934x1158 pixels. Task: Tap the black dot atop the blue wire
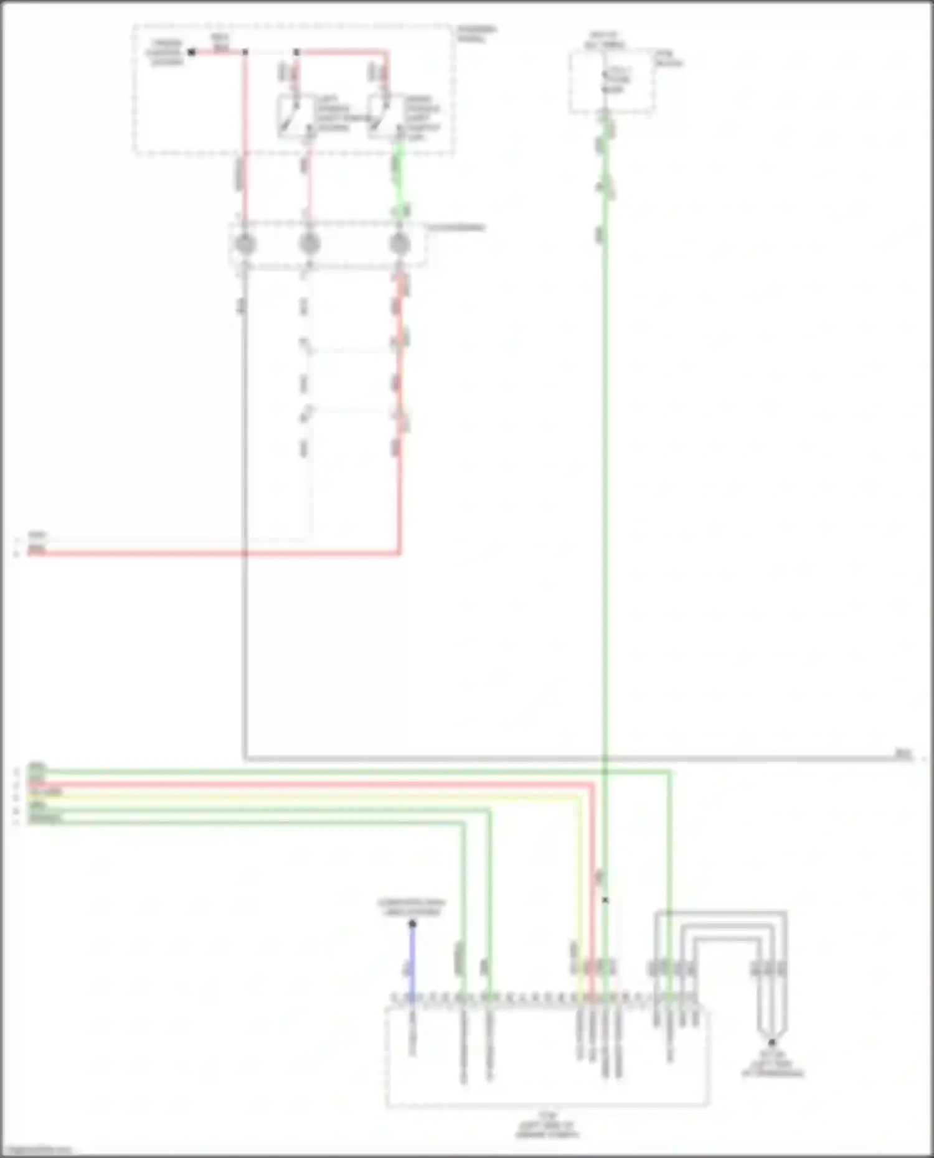point(412,924)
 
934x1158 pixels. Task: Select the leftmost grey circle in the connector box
point(245,243)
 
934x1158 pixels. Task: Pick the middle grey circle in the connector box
point(309,243)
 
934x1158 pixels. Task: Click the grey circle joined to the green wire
point(399,243)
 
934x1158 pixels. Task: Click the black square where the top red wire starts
point(192,52)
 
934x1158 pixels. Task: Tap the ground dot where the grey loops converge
point(771,1042)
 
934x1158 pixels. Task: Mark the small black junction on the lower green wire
point(605,900)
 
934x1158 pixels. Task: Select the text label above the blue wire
point(412,907)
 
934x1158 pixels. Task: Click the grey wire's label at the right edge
point(903,754)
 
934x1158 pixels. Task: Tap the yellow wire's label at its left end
point(45,792)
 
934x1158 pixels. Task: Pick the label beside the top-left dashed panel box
point(476,34)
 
